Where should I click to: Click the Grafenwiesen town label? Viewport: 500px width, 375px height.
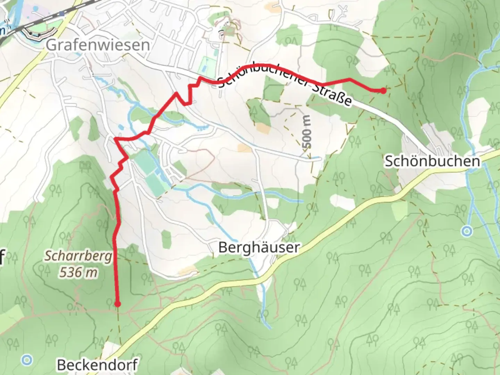pos(98,45)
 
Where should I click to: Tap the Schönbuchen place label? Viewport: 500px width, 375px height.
pos(432,161)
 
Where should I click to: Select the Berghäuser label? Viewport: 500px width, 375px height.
pos(259,248)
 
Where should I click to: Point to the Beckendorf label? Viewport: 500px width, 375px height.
pos(97,365)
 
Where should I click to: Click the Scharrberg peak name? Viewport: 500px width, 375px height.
pos(78,257)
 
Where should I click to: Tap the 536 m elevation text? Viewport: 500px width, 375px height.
pos(78,273)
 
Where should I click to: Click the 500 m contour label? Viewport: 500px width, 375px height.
pos(307,132)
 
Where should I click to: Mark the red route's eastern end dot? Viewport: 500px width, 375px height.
pos(383,91)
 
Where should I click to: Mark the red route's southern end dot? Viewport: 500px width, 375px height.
pos(117,304)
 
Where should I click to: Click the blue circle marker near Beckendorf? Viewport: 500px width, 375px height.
pos(27,360)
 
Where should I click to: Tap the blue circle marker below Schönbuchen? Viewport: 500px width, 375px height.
pos(468,231)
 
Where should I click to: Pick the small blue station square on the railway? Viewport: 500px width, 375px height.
pos(61,14)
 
